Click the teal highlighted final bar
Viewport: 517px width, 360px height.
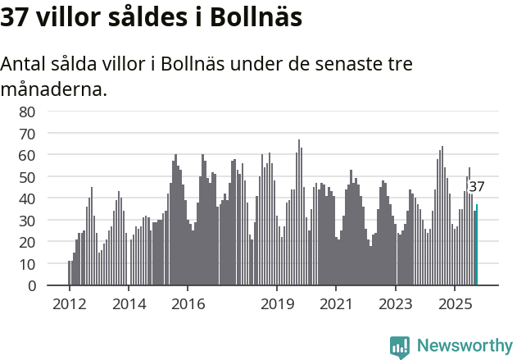(x=477, y=245)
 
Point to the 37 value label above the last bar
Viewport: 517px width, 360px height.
(x=477, y=187)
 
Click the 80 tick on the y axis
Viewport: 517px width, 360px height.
(x=27, y=112)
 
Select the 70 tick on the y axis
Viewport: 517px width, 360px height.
(x=27, y=133)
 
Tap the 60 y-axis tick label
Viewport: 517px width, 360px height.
(x=27, y=155)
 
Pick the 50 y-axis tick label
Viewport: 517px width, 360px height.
(x=27, y=177)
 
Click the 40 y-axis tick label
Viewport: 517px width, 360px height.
(x=27, y=198)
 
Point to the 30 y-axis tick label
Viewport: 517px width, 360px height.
(x=27, y=221)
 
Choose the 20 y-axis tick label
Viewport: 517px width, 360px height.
(x=27, y=242)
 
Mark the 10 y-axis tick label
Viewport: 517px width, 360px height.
(x=27, y=264)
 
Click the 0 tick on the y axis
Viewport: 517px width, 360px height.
(x=31, y=286)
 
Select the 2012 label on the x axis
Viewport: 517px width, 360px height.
(x=69, y=304)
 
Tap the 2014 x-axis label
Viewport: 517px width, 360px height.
(x=129, y=304)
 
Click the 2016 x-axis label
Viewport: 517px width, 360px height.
(x=188, y=304)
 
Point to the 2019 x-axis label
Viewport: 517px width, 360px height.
(x=277, y=304)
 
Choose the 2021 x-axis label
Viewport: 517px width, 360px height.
(x=336, y=304)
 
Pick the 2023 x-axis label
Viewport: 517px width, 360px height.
(x=396, y=304)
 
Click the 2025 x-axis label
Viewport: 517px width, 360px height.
(x=455, y=304)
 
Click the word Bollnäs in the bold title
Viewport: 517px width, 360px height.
(x=251, y=17)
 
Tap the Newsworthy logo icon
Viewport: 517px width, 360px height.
(x=400, y=347)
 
